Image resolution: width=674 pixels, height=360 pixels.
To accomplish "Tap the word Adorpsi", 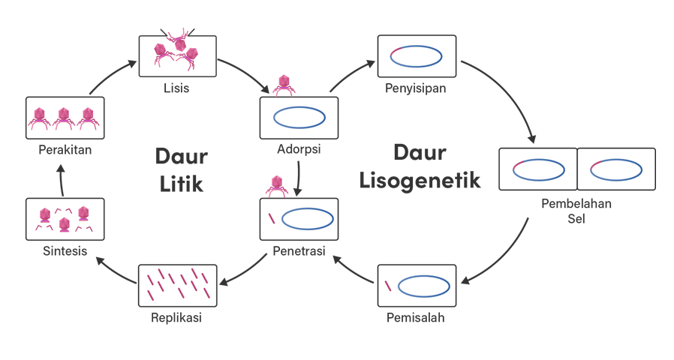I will (299, 149).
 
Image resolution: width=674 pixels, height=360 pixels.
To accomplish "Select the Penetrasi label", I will (299, 251).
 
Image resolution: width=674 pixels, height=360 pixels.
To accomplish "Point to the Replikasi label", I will (176, 317).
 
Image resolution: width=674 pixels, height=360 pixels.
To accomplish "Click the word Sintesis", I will (65, 251).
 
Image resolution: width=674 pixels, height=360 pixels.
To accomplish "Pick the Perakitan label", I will (65, 150).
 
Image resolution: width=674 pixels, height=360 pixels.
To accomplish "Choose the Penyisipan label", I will (416, 88).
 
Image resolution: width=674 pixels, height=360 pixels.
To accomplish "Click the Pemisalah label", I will (416, 317).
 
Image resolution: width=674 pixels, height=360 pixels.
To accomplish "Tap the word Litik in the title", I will (181, 182).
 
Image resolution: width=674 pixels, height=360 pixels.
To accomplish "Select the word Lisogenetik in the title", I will (420, 181).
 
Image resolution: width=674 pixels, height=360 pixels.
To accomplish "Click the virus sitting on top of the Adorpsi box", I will (283, 85).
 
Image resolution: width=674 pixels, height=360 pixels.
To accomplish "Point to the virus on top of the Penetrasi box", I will (277, 186).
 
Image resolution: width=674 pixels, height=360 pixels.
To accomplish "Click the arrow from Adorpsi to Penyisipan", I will (353, 75).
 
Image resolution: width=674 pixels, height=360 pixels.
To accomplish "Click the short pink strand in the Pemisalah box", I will (387, 286).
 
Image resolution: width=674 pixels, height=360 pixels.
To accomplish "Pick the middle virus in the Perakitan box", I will (65, 116).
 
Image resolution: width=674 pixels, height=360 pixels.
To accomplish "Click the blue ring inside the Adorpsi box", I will (299, 118).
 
